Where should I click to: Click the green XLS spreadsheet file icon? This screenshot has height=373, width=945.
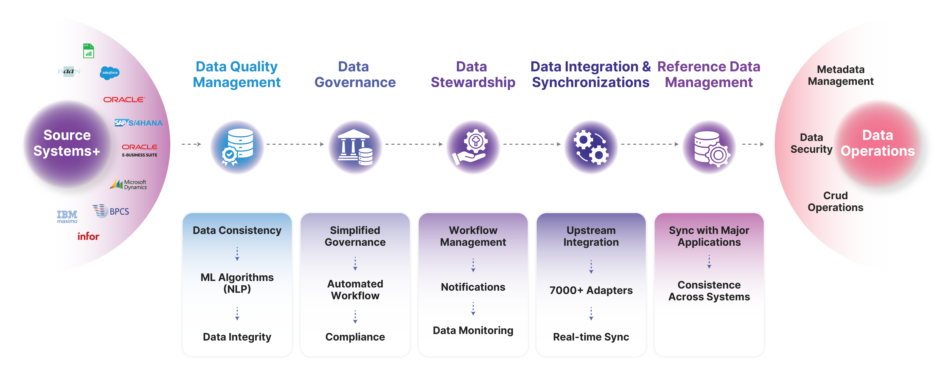pyautogui.click(x=88, y=51)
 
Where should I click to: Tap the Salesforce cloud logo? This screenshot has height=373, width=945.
pyautogui.click(x=110, y=73)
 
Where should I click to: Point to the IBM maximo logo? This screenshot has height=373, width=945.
pyautogui.click(x=67, y=217)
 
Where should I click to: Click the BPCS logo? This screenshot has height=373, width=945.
pyautogui.click(x=111, y=211)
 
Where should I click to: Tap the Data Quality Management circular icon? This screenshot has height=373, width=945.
pyautogui.click(x=237, y=147)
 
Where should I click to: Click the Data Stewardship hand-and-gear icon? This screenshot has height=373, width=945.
pyautogui.click(x=473, y=147)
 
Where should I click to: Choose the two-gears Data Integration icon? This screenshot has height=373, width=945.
pyautogui.click(x=591, y=147)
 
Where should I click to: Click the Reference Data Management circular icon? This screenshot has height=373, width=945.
pyautogui.click(x=709, y=147)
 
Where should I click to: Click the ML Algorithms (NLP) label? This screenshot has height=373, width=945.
pyautogui.click(x=237, y=283)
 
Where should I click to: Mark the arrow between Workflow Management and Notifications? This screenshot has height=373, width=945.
pyautogui.click(x=473, y=265)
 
